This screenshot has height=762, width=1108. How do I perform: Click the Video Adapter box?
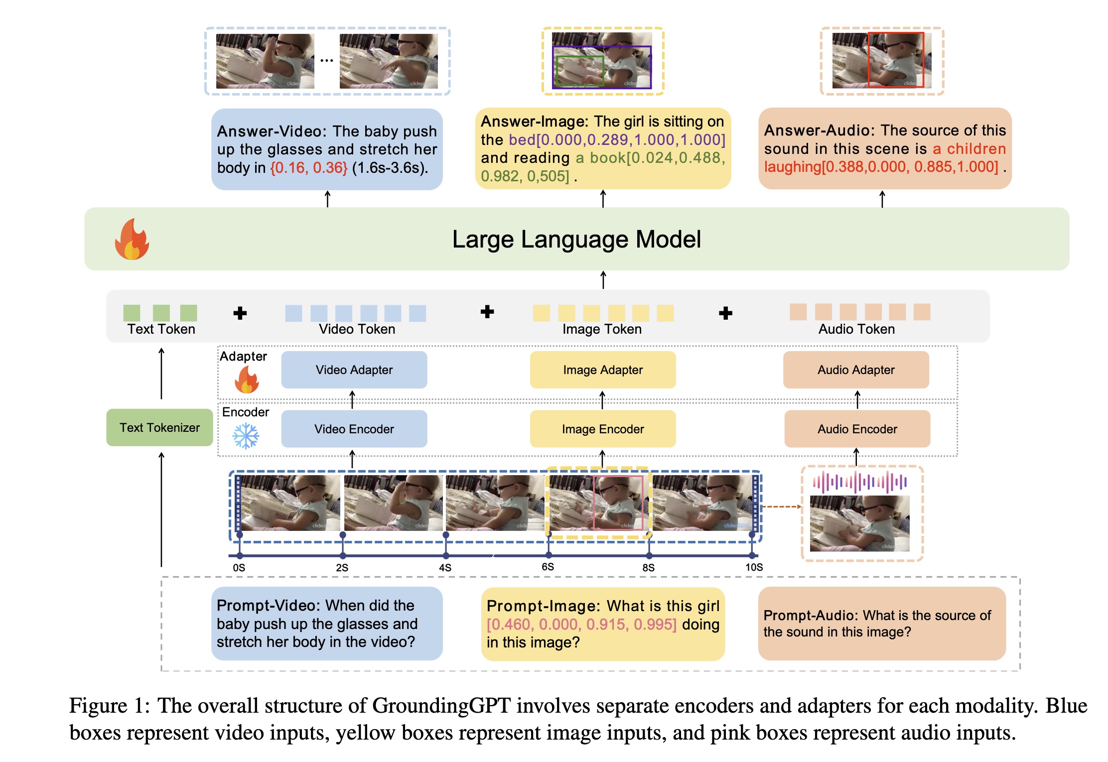[x=354, y=370]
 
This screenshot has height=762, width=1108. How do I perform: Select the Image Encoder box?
[x=602, y=429]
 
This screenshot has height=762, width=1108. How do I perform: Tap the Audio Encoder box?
[x=857, y=429]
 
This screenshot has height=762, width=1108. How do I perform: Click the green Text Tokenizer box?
[x=159, y=427]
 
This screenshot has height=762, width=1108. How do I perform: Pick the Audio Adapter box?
[x=856, y=370]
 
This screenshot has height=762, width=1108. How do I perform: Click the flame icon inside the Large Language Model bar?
[x=132, y=240]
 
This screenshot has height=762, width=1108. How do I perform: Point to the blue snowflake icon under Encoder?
[x=246, y=436]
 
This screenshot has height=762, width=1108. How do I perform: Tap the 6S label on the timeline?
[x=548, y=567]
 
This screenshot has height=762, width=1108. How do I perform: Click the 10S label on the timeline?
[x=754, y=567]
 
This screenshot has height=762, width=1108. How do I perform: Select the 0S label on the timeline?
[x=239, y=567]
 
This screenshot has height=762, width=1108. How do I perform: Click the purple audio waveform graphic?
[x=859, y=482]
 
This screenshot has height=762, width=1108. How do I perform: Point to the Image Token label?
[x=602, y=329]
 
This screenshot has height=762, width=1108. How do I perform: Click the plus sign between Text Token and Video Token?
[x=240, y=313]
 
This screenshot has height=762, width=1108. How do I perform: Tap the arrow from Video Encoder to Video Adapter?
[x=352, y=399]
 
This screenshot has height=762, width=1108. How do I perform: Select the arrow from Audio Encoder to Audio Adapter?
[x=857, y=399]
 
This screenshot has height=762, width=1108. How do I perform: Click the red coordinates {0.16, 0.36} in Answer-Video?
[x=308, y=168]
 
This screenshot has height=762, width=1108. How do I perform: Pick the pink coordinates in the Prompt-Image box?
[x=581, y=625]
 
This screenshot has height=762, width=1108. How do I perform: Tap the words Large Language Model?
[x=576, y=240]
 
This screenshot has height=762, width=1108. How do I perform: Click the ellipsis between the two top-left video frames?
[x=327, y=61]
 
